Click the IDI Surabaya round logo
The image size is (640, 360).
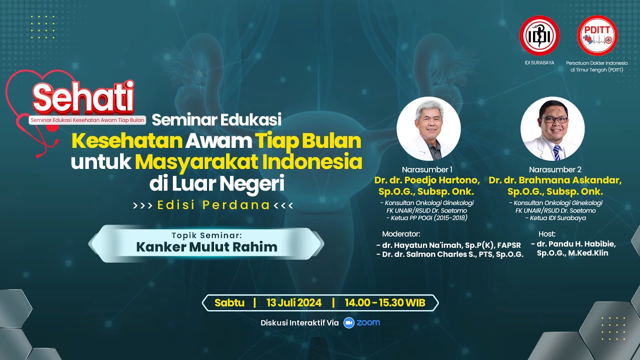[x=539, y=35]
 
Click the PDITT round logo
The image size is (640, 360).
[x=597, y=35]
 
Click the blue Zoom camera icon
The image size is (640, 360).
[x=348, y=322]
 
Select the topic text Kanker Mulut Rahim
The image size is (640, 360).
[x=206, y=247]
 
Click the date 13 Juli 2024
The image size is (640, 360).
[x=293, y=302]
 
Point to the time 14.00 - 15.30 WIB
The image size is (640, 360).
[x=385, y=302]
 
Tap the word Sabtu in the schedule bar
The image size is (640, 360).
[x=229, y=302]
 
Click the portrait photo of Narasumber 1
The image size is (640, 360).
[x=428, y=128]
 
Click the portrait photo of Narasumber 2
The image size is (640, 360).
[x=552, y=128]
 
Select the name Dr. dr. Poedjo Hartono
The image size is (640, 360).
[x=427, y=180]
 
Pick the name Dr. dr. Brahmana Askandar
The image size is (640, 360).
[x=555, y=180]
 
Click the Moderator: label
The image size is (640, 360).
[x=401, y=233]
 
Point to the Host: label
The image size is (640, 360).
[x=547, y=233]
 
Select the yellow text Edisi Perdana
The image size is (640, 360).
[x=213, y=205]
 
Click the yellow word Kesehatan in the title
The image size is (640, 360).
[x=126, y=141]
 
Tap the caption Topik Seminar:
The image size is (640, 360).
[x=206, y=234]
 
